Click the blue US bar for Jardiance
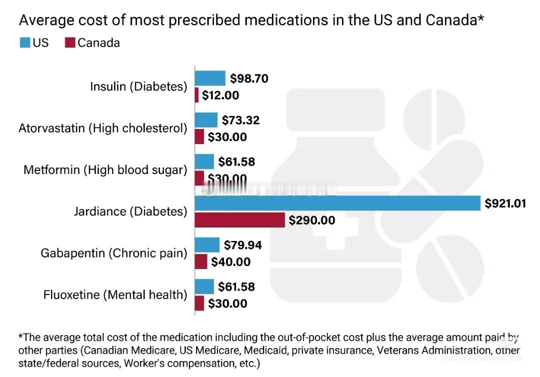click(337, 203)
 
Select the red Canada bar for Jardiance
click(239, 220)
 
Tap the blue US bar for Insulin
click(210, 78)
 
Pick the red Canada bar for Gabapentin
click(200, 261)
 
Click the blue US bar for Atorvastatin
click(206, 120)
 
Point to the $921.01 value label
click(505, 203)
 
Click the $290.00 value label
click(312, 220)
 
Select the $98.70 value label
click(249, 78)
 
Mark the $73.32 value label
click(240, 120)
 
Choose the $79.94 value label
click(242, 245)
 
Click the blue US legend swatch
click(25, 43)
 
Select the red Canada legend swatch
click(69, 43)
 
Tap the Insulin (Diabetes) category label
click(138, 86)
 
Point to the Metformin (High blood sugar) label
click(105, 170)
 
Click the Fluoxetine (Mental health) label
click(115, 295)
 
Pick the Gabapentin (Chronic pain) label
click(114, 253)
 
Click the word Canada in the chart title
click(454, 20)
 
